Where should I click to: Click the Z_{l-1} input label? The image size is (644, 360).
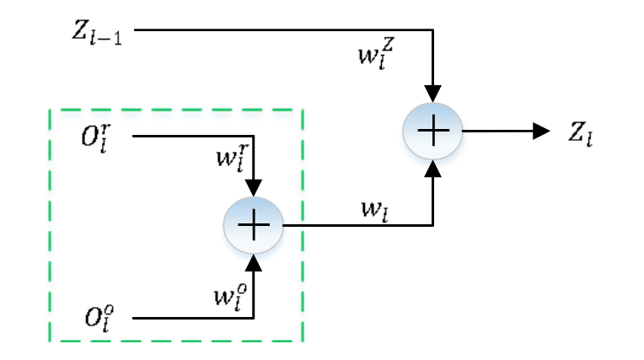[98, 34]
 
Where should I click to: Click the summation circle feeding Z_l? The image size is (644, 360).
[432, 132]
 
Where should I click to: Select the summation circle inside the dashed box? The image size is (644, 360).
[253, 225]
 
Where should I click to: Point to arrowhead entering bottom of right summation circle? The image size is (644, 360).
[432, 169]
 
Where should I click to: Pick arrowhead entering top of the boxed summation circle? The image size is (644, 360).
[253, 189]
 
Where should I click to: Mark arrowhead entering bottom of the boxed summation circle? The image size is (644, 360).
[253, 262]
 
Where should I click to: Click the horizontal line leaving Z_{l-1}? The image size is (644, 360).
[278, 31]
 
